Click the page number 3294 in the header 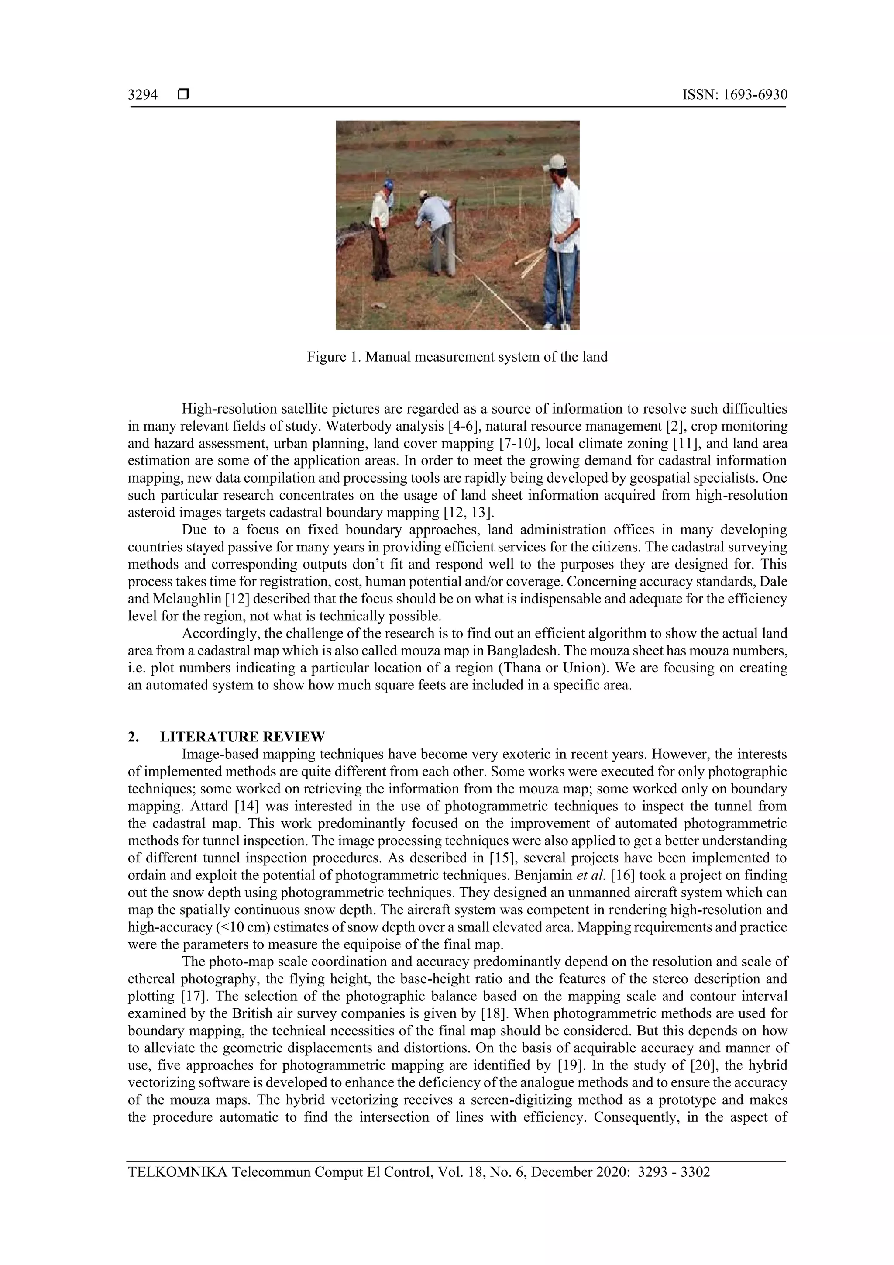pyautogui.click(x=143, y=95)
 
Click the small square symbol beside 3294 pyautogui.click(x=183, y=95)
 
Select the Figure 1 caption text pyautogui.click(x=457, y=357)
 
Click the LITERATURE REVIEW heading pyautogui.click(x=242, y=737)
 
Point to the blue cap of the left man pyautogui.click(x=389, y=183)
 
